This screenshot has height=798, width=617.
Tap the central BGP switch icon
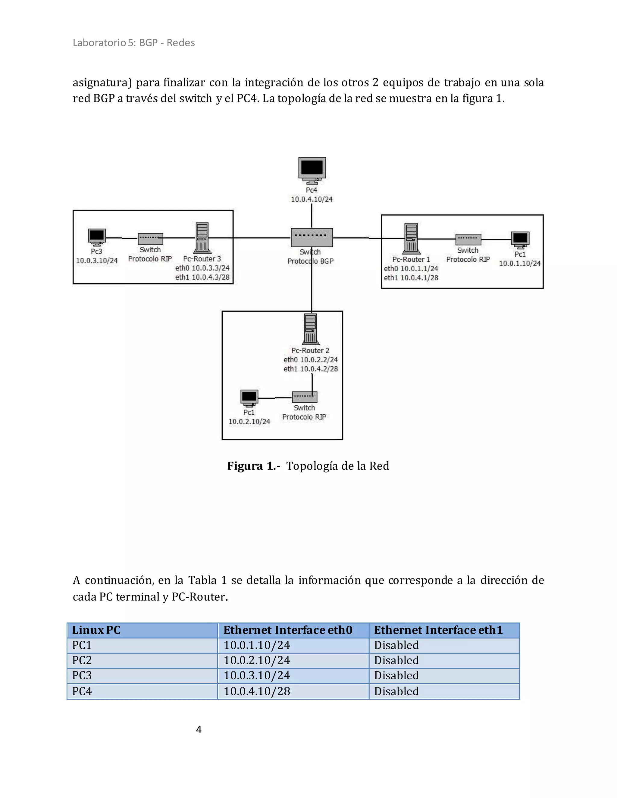[x=312, y=238]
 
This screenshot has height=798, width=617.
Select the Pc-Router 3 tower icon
[x=202, y=238]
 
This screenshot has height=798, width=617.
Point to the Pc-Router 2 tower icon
[x=311, y=329]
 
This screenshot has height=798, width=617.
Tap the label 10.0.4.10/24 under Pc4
[x=312, y=199]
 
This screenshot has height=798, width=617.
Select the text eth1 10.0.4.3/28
[x=202, y=277]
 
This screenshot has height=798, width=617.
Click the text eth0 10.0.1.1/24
[x=411, y=269]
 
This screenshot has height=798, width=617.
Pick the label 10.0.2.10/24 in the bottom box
[x=249, y=422]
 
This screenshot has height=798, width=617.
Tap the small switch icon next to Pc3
[x=150, y=239]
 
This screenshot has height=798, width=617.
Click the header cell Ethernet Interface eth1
[x=438, y=630]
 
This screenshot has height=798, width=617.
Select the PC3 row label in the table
[x=82, y=676]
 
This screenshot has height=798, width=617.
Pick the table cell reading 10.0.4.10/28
[x=257, y=691]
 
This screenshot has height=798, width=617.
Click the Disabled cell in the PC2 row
[x=396, y=660]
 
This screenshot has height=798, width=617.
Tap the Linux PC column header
[x=96, y=630]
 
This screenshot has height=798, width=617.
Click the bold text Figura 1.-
[x=253, y=466]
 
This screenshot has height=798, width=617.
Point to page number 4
[x=199, y=729]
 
